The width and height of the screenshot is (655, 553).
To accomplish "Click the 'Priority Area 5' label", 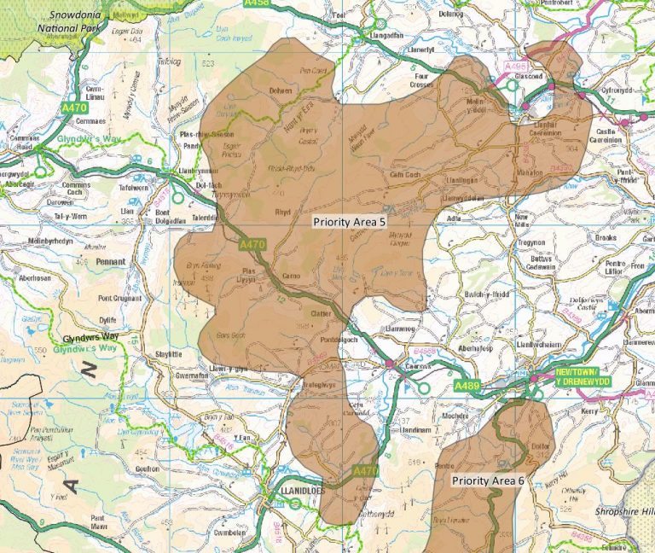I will (x=349, y=222).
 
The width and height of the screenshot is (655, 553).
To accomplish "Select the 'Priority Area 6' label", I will (x=488, y=480).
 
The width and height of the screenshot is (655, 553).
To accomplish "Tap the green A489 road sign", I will (x=467, y=387).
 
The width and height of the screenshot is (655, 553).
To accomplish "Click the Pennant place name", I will (x=110, y=262).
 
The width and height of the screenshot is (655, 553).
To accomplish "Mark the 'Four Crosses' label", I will (x=421, y=81).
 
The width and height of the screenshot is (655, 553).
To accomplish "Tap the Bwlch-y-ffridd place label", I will (x=489, y=294).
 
